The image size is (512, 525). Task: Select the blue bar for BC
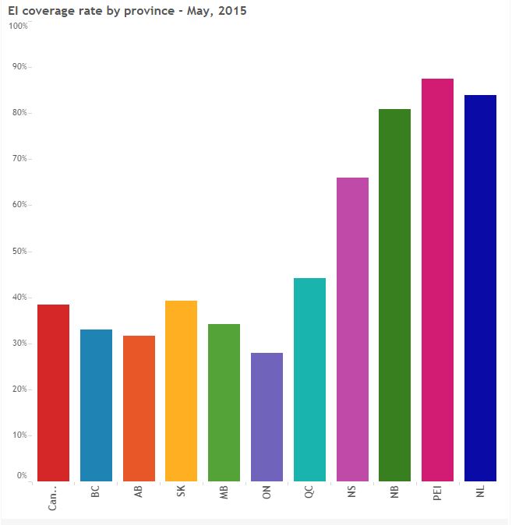[x=96, y=405]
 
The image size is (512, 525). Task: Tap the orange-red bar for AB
[x=139, y=408]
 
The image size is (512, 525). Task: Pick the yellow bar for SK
[x=181, y=390]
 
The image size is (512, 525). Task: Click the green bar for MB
[x=224, y=402]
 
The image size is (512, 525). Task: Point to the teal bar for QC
[x=309, y=379]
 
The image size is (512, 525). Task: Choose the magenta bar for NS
[x=352, y=329]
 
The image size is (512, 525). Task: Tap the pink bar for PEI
[x=437, y=280]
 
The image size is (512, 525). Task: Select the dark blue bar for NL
[x=480, y=287]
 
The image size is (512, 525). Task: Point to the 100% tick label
[x=18, y=26]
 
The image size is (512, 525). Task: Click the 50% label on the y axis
[x=19, y=252]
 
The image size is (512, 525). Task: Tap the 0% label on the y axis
[x=22, y=475]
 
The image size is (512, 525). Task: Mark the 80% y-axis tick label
[x=19, y=113]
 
